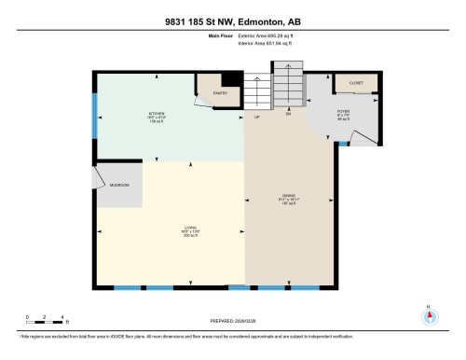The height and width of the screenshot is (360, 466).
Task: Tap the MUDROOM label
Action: coord(120,186)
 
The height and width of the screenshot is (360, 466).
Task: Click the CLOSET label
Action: coord(354,82)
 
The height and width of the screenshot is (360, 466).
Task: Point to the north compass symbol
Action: coord(430,315)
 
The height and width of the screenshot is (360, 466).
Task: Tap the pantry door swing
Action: coord(207,99)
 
